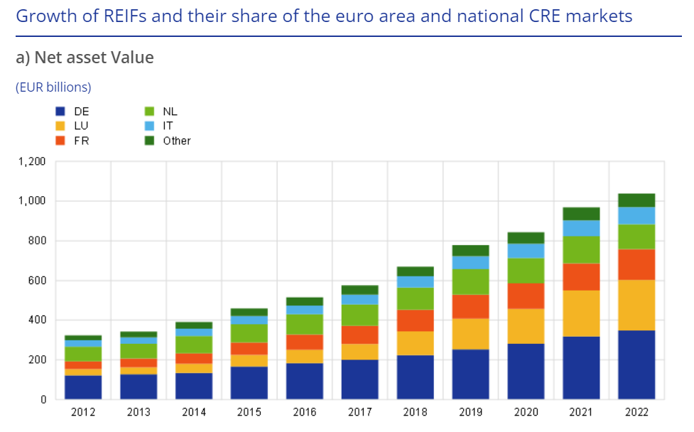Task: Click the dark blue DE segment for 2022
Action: tap(636, 364)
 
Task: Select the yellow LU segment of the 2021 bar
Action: tap(581, 313)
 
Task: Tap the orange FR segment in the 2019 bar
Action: tap(471, 306)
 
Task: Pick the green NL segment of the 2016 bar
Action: tap(305, 324)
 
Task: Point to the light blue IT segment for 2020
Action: tap(526, 251)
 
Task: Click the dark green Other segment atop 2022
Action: tap(636, 200)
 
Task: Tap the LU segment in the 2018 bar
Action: tap(416, 343)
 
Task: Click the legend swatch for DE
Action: tap(60, 112)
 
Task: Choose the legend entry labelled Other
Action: tap(176, 141)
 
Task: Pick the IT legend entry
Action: tap(168, 126)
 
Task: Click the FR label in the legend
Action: tap(81, 141)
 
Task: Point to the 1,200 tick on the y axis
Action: tap(31, 161)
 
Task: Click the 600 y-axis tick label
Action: tap(36, 281)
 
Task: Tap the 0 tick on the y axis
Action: tap(43, 400)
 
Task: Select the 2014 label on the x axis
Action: tap(194, 412)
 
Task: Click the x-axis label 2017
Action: tap(360, 412)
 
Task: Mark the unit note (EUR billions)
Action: tap(53, 87)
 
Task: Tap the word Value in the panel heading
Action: tap(130, 58)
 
